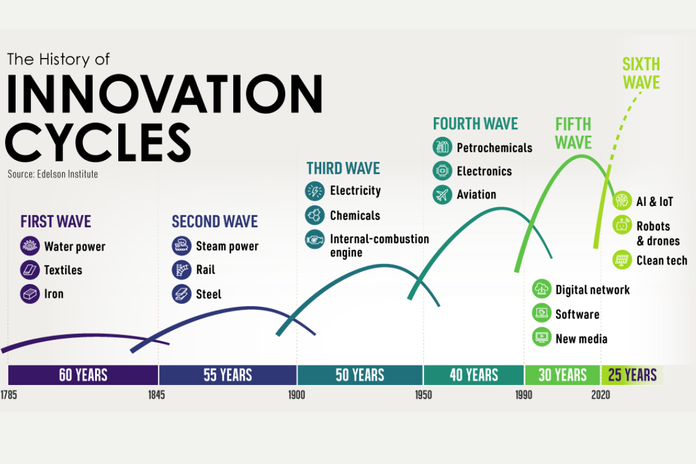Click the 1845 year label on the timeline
[x=157, y=395]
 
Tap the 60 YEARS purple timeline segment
[x=83, y=375]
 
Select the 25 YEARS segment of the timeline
[x=632, y=375]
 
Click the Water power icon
[x=30, y=246]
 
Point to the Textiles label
[x=63, y=270]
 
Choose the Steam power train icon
[x=182, y=245]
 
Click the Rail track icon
[x=182, y=270]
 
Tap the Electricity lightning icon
[x=315, y=191]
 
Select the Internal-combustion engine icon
[x=315, y=240]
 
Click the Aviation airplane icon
[x=442, y=194]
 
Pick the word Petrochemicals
[x=494, y=148]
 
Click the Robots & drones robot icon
[x=622, y=224]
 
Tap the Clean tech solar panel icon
[x=622, y=259]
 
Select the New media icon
[x=542, y=337]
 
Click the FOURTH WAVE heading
[x=476, y=124]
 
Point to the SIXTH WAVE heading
[x=641, y=73]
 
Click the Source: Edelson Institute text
[x=53, y=174]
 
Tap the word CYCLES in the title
[x=98, y=142]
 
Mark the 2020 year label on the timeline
[x=601, y=395]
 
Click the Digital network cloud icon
[x=542, y=288]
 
